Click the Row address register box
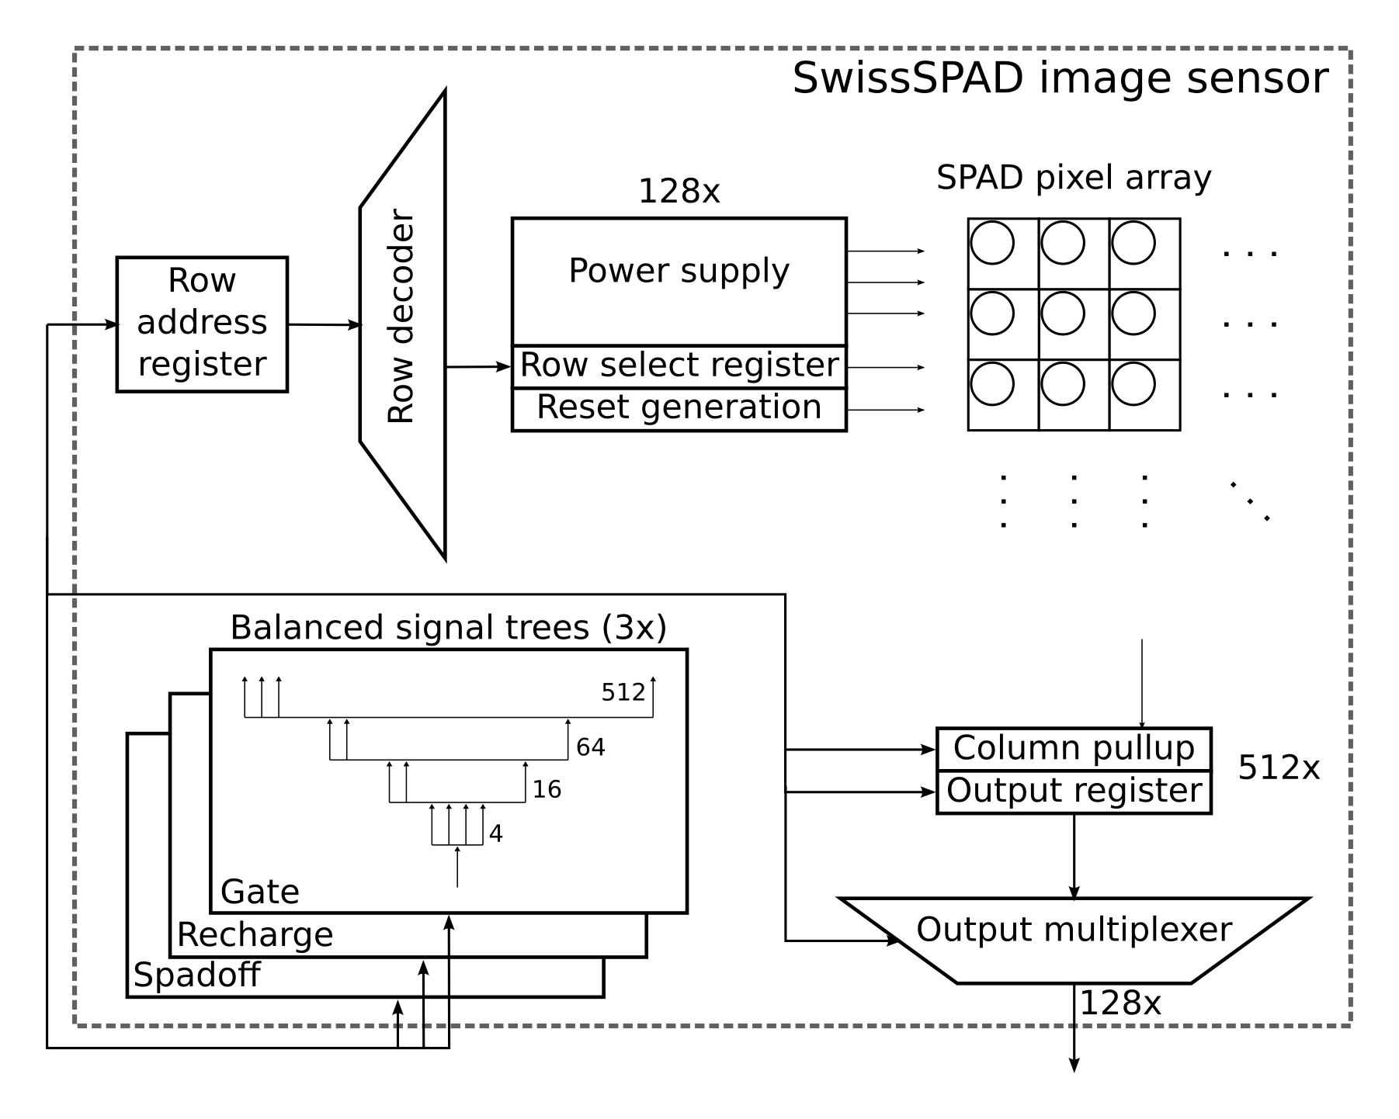pos(202,324)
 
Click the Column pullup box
pos(1074,749)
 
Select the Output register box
pos(1074,792)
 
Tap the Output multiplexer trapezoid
pos(1074,939)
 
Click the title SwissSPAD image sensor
pos(1060,79)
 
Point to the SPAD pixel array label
pos(1073,178)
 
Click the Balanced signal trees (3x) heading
pos(448,628)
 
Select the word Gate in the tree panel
pos(259,892)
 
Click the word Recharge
pos(255,935)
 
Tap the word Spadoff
pos(196,975)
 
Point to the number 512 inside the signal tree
pos(623,692)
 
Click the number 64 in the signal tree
pos(590,747)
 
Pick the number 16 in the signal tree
pos(547,790)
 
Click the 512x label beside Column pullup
pos(1278,768)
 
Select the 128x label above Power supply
pos(679,192)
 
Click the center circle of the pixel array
pos(1062,314)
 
